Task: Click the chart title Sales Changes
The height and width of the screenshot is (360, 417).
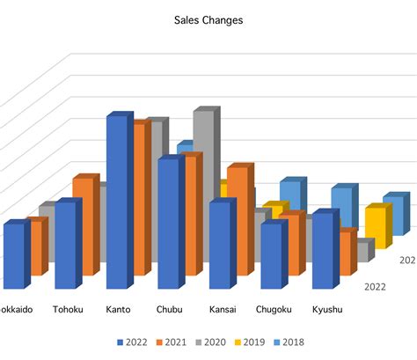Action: [208, 18]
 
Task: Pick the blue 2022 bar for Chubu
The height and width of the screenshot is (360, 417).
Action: [168, 224]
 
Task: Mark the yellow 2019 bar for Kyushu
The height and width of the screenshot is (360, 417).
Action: [376, 227]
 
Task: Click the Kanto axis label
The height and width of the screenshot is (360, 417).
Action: [118, 309]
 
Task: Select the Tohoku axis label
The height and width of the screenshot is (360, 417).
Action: [68, 309]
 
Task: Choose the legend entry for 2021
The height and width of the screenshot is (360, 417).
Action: [172, 342]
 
